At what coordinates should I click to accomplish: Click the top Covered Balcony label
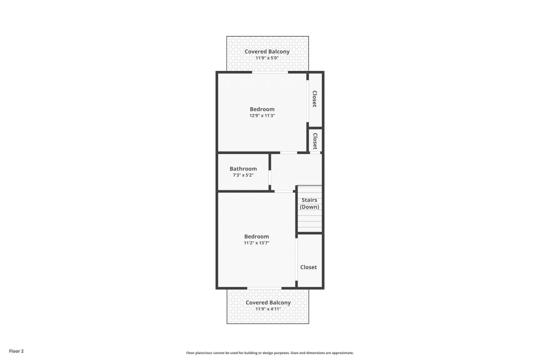(267, 51)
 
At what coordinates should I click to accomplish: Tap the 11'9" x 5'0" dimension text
(267, 58)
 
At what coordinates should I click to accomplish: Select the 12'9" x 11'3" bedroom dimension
(262, 115)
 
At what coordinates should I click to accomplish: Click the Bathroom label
(243, 169)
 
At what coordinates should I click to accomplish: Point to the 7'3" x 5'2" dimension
(243, 175)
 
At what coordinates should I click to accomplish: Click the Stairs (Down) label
(309, 203)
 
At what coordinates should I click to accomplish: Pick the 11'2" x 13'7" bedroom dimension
(256, 243)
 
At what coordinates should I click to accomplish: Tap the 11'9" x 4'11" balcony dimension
(268, 309)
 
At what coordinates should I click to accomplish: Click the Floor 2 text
(16, 351)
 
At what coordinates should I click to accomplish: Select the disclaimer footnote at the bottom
(270, 353)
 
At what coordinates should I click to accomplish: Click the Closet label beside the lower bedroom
(308, 267)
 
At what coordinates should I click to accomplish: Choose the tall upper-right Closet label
(314, 99)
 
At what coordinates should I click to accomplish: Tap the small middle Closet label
(315, 141)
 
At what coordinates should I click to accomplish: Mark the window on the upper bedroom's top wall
(270, 73)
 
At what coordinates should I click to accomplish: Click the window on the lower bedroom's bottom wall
(264, 288)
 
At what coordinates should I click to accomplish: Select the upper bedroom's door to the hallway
(289, 152)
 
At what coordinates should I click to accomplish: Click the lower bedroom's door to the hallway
(283, 191)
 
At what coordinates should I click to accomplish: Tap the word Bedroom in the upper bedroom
(262, 109)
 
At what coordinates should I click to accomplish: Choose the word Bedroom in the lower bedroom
(256, 236)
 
